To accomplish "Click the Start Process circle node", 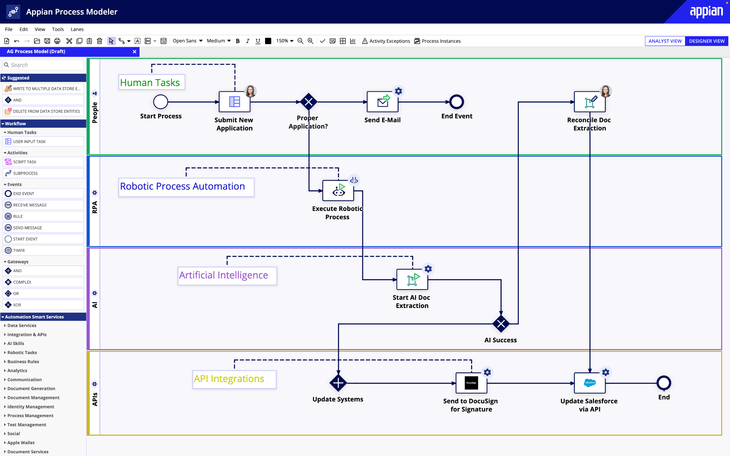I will pos(160,102).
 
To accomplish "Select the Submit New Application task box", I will pos(234,102).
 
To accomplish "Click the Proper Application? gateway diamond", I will pos(309,102).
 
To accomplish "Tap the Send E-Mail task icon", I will pos(382,102).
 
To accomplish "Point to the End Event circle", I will pos(457,102).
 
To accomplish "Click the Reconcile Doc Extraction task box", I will pos(589,102).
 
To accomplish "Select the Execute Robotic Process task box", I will pos(338,191).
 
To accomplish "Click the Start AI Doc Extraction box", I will pos(412,280).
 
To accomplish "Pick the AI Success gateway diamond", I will pos(501,324).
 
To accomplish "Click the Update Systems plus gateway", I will pos(338,383).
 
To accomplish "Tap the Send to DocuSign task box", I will pos(471,383).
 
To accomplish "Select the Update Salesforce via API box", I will pos(589,383).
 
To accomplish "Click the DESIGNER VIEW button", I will pos(706,41).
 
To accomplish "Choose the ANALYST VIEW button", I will pos(665,41).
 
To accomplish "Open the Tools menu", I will pos(58,29).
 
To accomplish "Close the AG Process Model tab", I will pos(135,52).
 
